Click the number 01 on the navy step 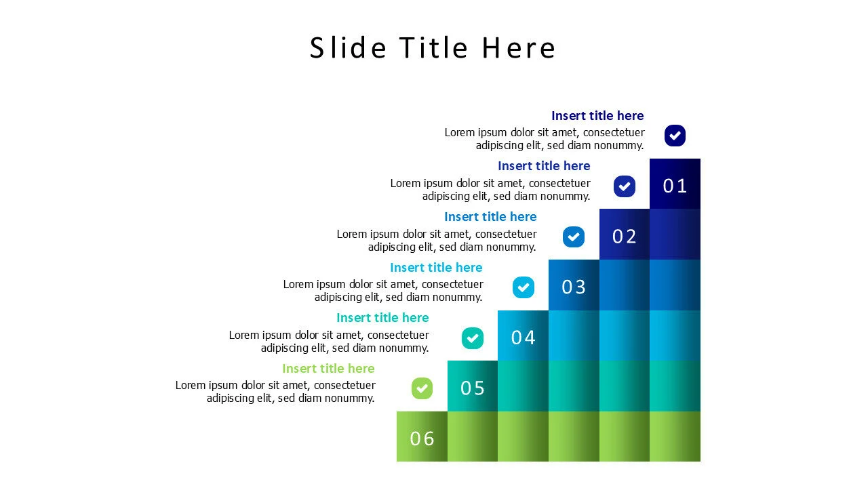click(x=675, y=186)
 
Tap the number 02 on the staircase click(x=625, y=237)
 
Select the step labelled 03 click(x=574, y=287)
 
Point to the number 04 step click(x=523, y=338)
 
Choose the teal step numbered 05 click(x=473, y=388)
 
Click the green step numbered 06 click(x=422, y=439)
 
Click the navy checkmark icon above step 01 click(x=675, y=136)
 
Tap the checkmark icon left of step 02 click(x=625, y=186)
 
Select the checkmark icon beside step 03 click(x=574, y=237)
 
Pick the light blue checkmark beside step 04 click(x=524, y=287)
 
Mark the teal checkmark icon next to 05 click(x=473, y=338)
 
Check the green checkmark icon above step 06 click(x=422, y=388)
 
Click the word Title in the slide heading click(x=433, y=48)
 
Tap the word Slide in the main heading click(x=348, y=48)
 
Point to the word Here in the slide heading click(x=519, y=48)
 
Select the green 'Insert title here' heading click(x=328, y=369)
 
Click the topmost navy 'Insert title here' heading click(x=597, y=116)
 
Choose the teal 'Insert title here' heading click(x=382, y=318)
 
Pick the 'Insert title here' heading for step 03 click(x=490, y=217)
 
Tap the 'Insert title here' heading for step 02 click(x=544, y=166)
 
